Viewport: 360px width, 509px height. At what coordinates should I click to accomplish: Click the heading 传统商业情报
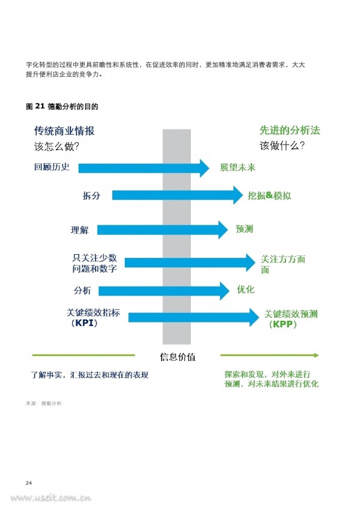[64, 131]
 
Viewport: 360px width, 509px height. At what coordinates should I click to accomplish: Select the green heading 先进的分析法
[289, 130]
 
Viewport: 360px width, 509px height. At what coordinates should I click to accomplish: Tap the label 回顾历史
[52, 167]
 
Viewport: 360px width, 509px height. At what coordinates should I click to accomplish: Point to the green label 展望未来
[238, 167]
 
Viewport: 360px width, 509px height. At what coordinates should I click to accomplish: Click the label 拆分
[91, 195]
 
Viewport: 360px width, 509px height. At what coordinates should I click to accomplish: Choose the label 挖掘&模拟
[269, 195]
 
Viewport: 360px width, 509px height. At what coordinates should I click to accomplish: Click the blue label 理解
[80, 230]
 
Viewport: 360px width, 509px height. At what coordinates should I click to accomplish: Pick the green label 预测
[244, 229]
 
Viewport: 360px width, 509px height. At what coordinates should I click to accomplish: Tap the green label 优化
[245, 289]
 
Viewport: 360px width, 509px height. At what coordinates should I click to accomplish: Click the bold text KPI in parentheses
[84, 323]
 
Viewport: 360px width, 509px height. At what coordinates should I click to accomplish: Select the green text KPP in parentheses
[283, 324]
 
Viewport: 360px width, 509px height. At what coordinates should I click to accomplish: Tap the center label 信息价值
[178, 357]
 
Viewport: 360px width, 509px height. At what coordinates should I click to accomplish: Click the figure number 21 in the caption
[40, 106]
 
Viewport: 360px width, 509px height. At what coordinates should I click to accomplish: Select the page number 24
[29, 483]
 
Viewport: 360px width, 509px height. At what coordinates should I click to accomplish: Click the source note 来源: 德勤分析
[44, 403]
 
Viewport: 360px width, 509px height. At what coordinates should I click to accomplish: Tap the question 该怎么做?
[56, 146]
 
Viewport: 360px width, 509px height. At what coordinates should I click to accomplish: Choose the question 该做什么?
[282, 146]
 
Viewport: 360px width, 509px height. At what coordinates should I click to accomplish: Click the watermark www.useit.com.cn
[50, 498]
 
